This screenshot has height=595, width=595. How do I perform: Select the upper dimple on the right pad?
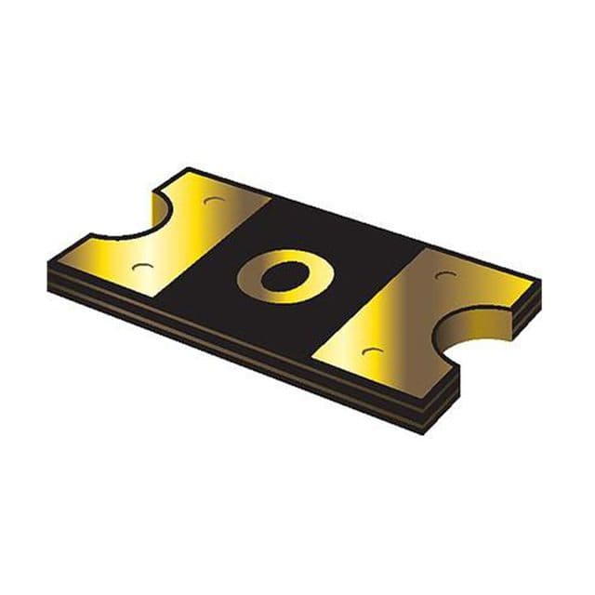coord(444,275)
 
